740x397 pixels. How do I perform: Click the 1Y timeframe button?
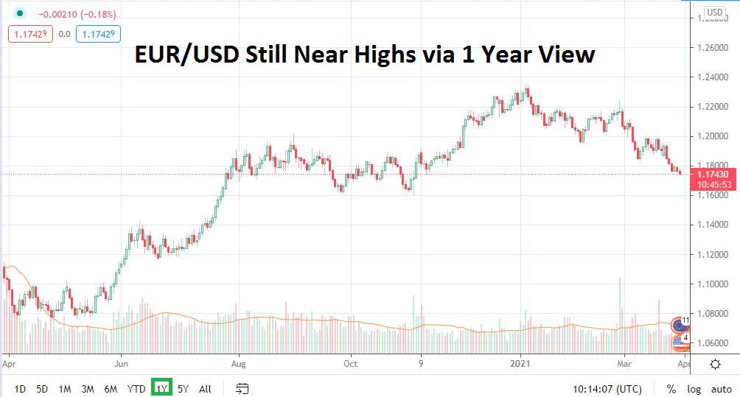coord(161,388)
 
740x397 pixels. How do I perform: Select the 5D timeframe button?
coord(42,388)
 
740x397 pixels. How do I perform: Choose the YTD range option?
coord(136,388)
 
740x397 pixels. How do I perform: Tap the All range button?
coord(205,388)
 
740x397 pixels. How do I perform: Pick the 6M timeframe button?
coord(111,388)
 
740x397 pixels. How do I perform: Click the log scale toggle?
coord(694,388)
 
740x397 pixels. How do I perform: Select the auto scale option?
coord(721,388)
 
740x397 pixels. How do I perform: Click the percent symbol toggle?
coord(671,388)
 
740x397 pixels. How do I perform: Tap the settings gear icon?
coord(715,364)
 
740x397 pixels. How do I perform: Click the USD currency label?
coord(714,13)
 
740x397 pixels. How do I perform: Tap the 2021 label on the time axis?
coord(522,363)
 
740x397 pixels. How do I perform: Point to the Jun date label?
coord(122,363)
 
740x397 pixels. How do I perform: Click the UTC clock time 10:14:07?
coord(596,388)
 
